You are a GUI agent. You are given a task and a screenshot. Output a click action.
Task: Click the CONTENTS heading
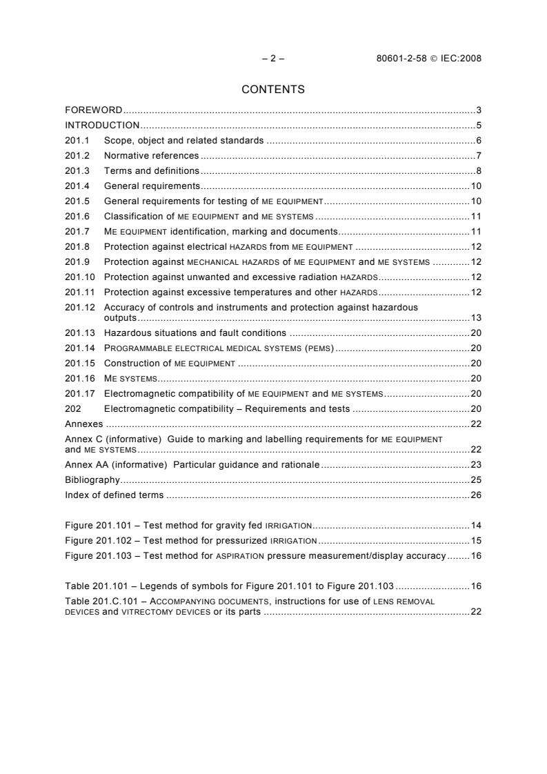pyautogui.click(x=273, y=89)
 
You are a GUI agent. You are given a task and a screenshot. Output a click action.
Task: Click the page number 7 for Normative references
pyautogui.click(x=478, y=156)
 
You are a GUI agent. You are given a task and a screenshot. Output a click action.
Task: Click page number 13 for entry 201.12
pyautogui.click(x=476, y=318)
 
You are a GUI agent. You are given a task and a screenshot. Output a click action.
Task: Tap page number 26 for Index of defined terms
pyautogui.click(x=476, y=495)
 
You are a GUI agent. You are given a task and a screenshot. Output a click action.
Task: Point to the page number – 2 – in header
pyautogui.click(x=273, y=59)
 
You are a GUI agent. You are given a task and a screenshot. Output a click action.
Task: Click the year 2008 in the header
pyautogui.click(x=469, y=59)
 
